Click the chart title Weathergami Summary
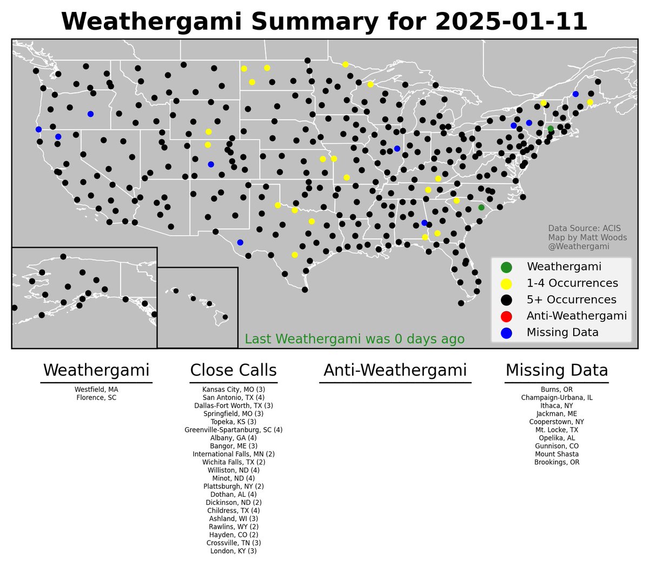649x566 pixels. click(324, 22)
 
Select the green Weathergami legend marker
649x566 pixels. click(506, 267)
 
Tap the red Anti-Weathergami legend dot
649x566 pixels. click(506, 316)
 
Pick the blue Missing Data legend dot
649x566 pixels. click(506, 332)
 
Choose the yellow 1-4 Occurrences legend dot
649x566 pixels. click(506, 283)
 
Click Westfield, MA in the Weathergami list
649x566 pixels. click(96, 389)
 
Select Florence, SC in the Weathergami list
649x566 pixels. click(96, 397)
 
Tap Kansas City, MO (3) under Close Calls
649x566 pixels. click(234, 389)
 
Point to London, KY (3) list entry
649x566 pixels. click(234, 551)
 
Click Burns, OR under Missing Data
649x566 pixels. click(557, 389)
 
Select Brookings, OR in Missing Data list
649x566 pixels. click(557, 462)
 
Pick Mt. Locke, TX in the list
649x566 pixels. click(557, 430)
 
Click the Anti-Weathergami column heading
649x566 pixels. click(395, 371)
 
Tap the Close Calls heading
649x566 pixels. click(234, 371)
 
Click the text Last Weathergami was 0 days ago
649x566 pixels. click(355, 339)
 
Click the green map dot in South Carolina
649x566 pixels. click(481, 208)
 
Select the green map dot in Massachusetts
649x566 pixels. click(551, 129)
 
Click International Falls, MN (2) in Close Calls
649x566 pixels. click(234, 454)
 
